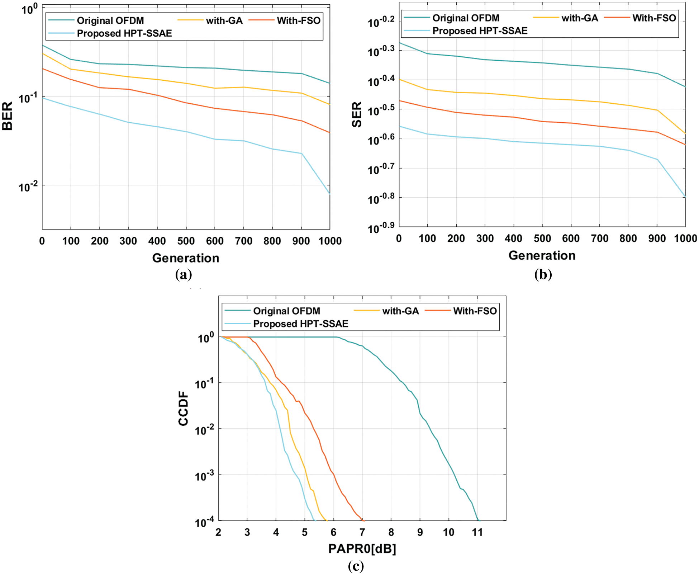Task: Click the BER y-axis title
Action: tap(8, 116)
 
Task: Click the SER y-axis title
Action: tap(357, 114)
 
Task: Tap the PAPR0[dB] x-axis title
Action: tap(362, 548)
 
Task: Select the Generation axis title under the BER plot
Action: tap(186, 258)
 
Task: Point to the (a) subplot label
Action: tap(184, 274)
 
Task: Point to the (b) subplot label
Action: tap(543, 274)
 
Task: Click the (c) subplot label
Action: tap(356, 566)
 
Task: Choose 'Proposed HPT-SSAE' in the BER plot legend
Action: tap(124, 33)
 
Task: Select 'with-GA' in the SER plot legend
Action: tap(580, 18)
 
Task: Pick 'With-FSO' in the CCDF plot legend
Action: tap(475, 311)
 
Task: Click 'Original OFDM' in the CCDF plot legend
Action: tap(286, 311)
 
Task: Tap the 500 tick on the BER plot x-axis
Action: tap(186, 241)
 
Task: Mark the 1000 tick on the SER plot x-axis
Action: tap(685, 238)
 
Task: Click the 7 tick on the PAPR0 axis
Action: tap(362, 532)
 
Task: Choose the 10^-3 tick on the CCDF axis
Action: tap(204, 476)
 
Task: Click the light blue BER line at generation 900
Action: tap(301, 154)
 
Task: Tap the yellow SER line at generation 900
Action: tap(657, 110)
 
